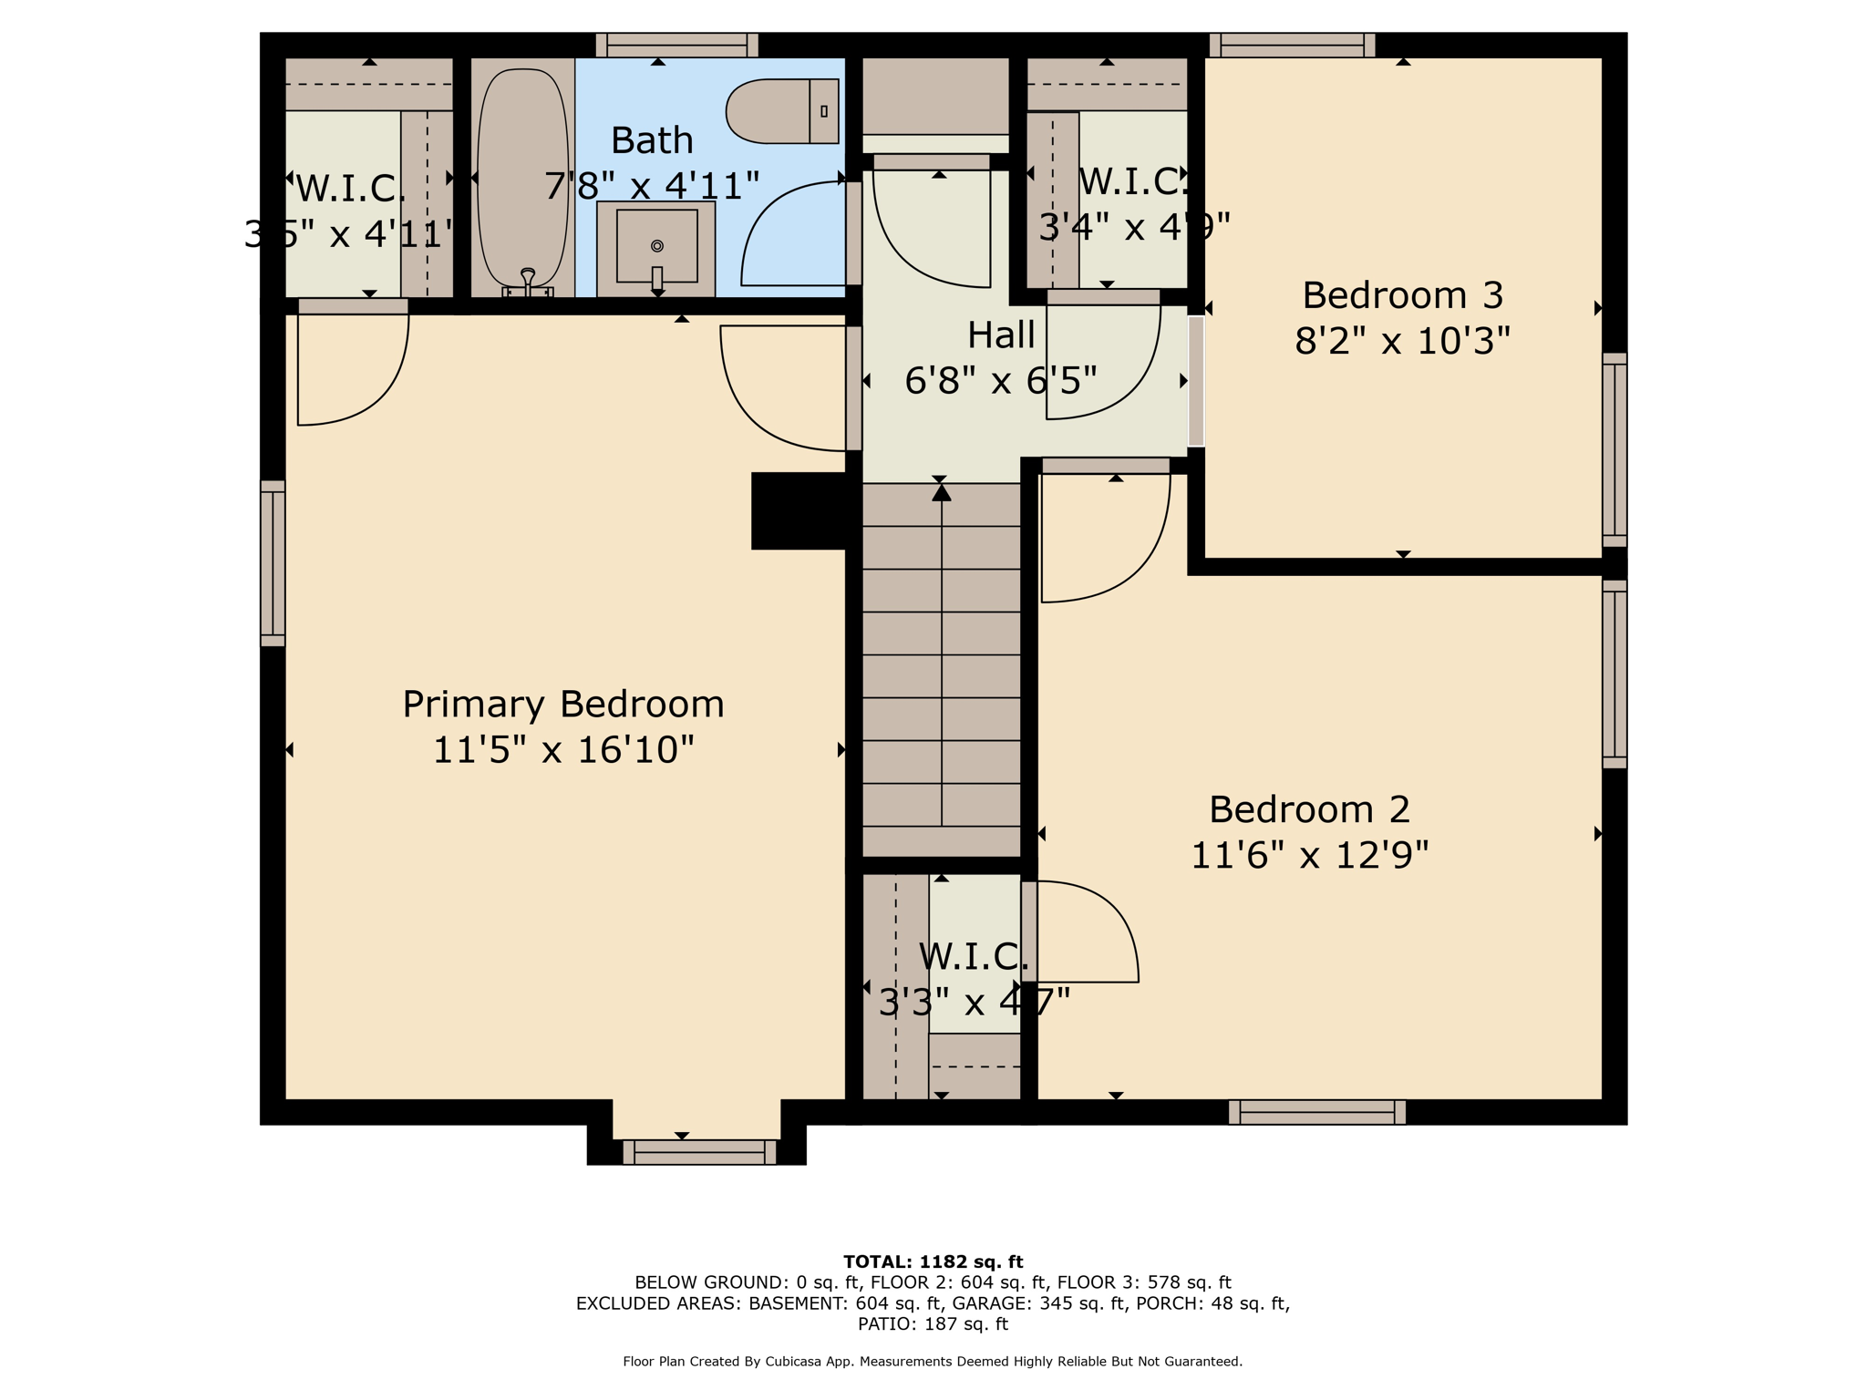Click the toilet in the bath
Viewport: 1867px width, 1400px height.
(x=781, y=111)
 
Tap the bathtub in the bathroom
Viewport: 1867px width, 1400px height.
(x=522, y=178)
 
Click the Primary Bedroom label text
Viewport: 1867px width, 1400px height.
(x=563, y=705)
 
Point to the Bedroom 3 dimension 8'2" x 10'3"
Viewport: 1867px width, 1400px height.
(x=1402, y=341)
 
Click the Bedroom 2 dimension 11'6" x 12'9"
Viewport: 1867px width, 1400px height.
(x=1309, y=855)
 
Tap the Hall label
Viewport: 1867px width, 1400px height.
(x=1001, y=335)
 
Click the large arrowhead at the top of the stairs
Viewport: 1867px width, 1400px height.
(x=942, y=493)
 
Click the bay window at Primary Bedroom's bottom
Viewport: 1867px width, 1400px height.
(x=699, y=1152)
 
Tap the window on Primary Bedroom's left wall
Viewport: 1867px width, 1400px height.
(x=273, y=563)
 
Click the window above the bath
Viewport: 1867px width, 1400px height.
(x=676, y=45)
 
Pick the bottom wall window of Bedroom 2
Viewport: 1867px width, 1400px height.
(x=1316, y=1112)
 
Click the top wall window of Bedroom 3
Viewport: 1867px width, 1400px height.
(x=1292, y=45)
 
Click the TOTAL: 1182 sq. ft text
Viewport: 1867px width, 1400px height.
(x=933, y=1261)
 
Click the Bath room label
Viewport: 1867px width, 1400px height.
(x=652, y=140)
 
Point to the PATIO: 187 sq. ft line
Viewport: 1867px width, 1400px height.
(x=933, y=1323)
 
